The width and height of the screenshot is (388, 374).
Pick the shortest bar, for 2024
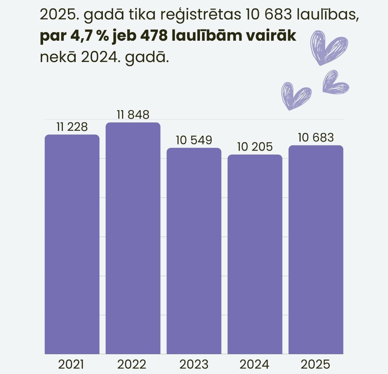tap(255, 254)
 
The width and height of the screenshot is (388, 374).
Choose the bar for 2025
tap(316, 250)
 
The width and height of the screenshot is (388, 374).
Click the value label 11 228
tap(72, 127)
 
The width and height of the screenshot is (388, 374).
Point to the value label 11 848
tap(133, 115)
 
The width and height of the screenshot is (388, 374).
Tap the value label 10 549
tap(194, 140)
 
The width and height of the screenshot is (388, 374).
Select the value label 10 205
tap(255, 147)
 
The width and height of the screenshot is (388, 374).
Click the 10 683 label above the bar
tap(316, 137)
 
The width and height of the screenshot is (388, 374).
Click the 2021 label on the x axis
tap(71, 364)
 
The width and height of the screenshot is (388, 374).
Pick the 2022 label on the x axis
tap(132, 364)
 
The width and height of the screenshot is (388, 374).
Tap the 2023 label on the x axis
tap(194, 364)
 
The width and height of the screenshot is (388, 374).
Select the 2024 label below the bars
tap(254, 364)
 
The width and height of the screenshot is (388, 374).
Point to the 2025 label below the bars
tap(315, 364)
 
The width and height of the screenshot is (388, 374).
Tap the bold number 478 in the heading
tap(154, 36)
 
